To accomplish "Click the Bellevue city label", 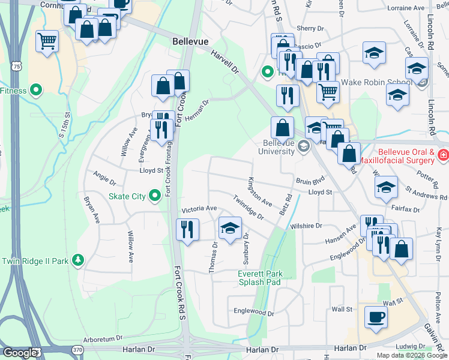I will pos(190,42).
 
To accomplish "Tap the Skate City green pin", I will pos(155,195).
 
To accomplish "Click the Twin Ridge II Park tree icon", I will pos(77,260).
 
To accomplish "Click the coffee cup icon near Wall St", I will pos(376,317).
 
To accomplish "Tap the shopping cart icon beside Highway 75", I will pos(47,41).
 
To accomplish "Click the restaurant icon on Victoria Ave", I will pos(187,229).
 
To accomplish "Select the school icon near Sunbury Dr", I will pos(230,228).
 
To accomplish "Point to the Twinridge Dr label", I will pos(249,208).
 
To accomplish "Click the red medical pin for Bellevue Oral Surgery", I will pos(443,155).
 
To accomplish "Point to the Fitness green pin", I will pos(36,91).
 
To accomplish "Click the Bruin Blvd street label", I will pos(310,179).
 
